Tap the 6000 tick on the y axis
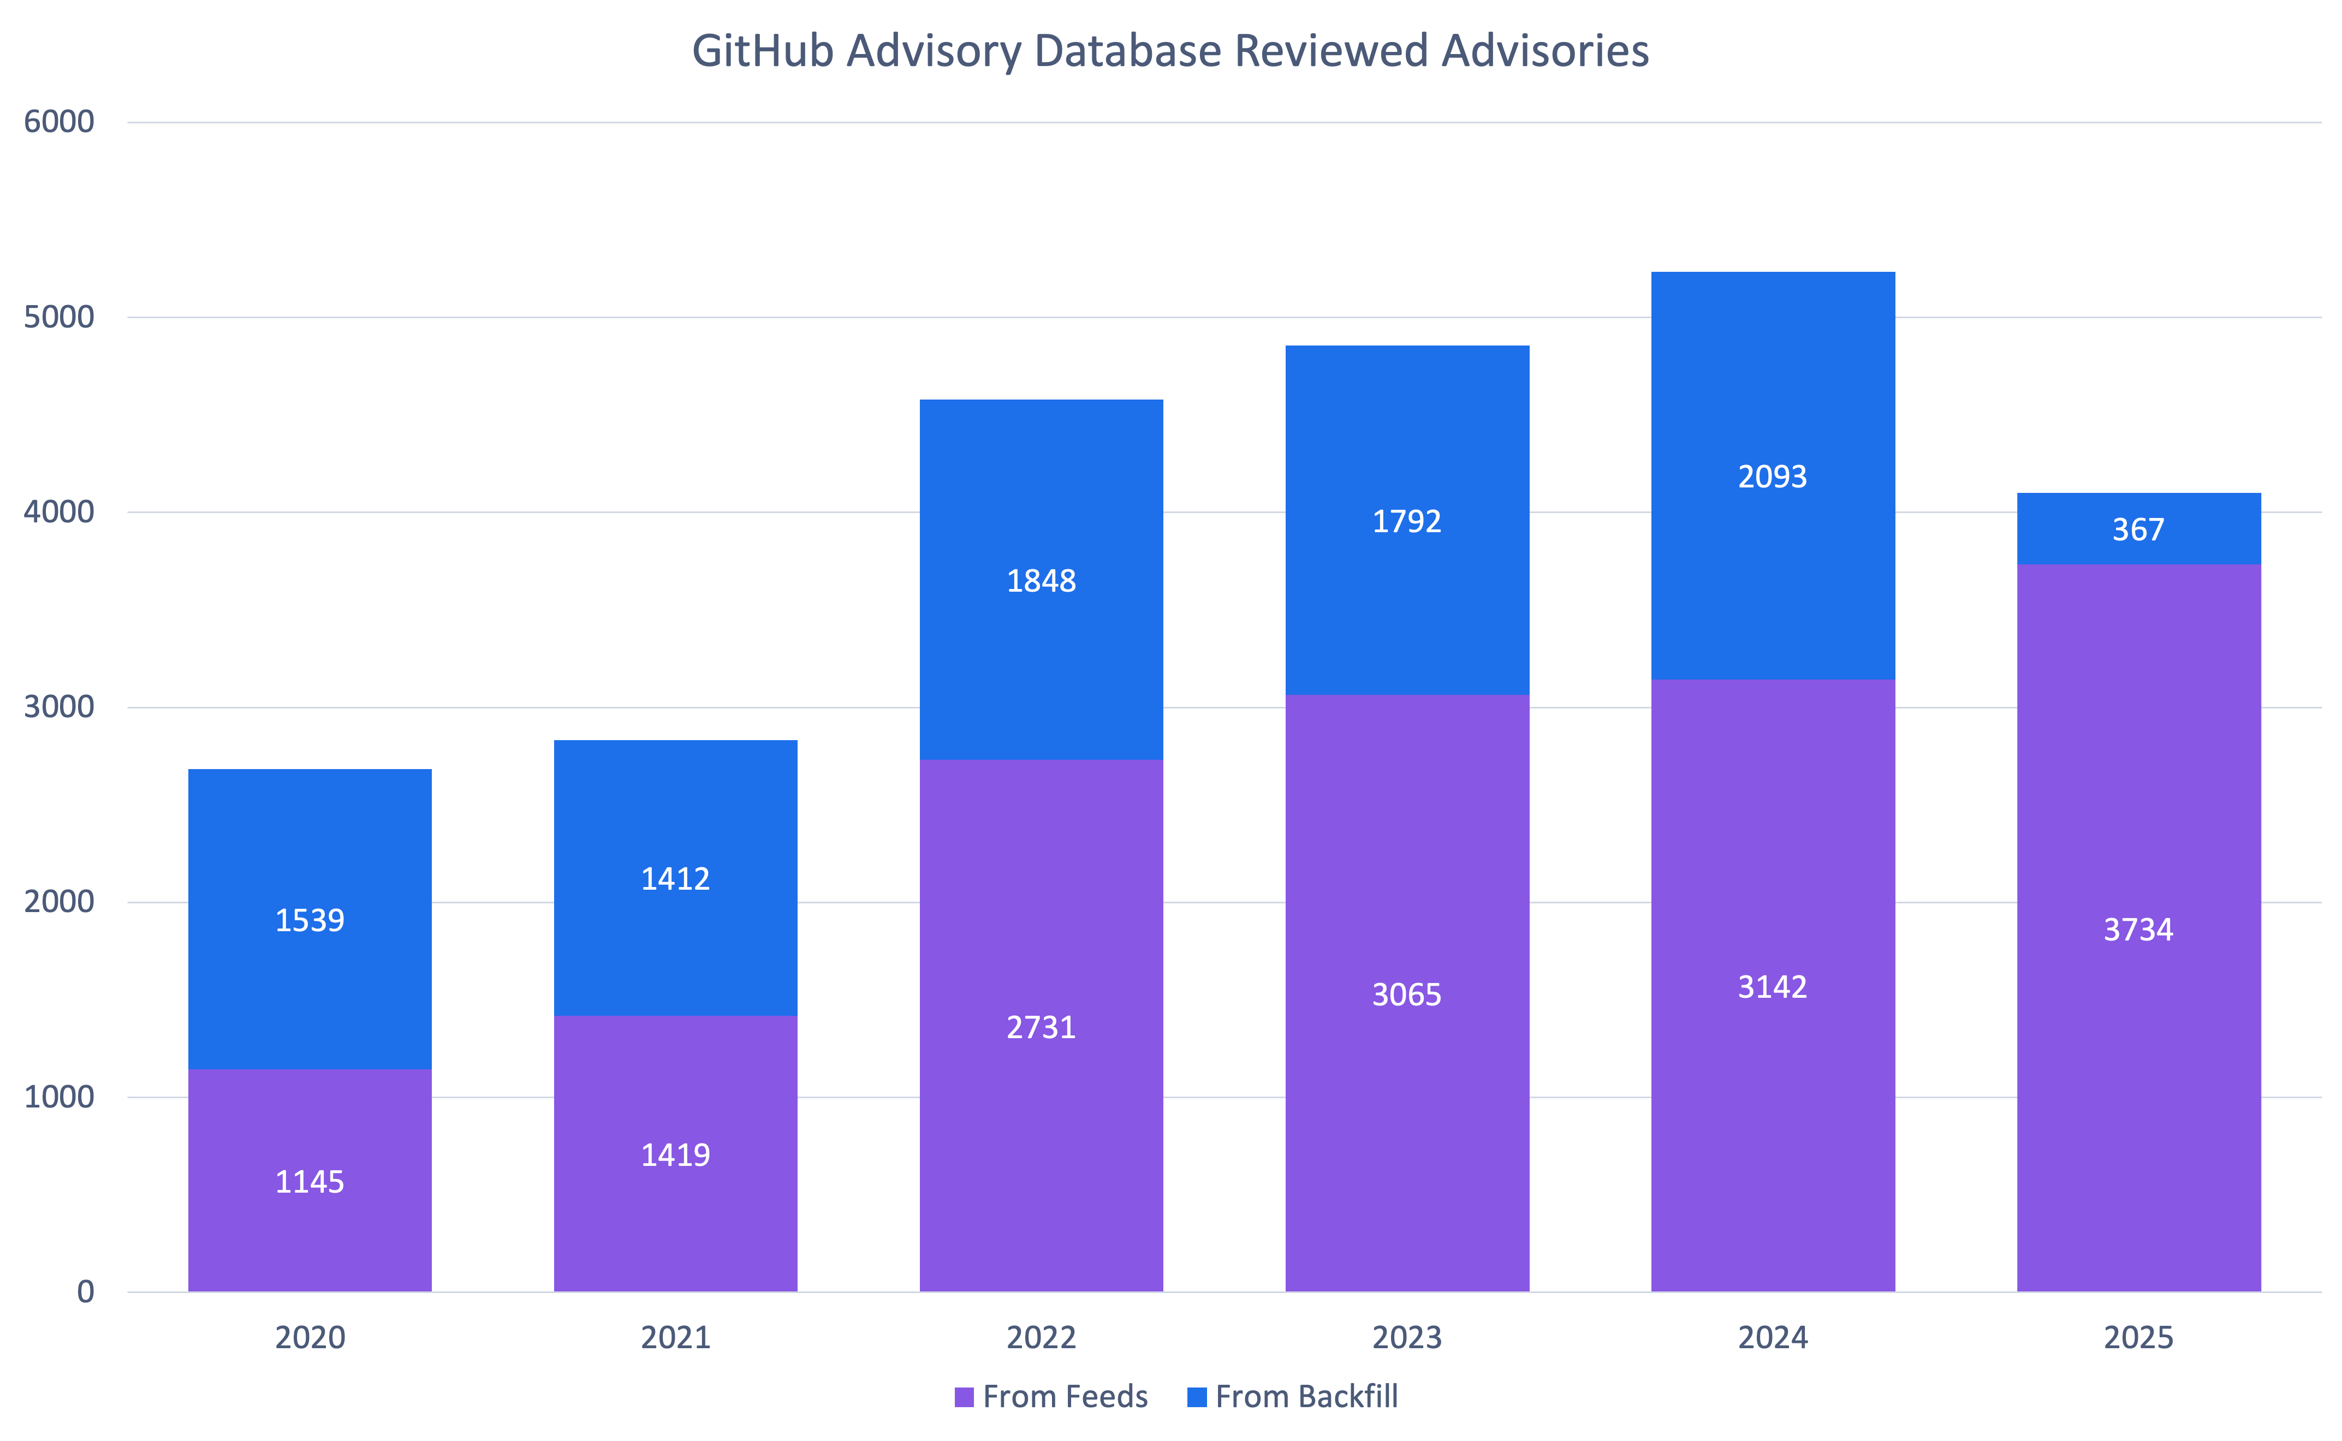[59, 122]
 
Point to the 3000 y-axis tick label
[59, 707]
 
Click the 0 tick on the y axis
[86, 1293]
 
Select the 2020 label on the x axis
[310, 1338]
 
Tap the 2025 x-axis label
[2138, 1338]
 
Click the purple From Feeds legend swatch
[964, 1397]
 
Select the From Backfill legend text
[1307, 1397]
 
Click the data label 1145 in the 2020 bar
[310, 1182]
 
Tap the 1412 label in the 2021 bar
[675, 879]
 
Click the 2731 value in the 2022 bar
[1041, 1027]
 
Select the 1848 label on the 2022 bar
[1041, 580]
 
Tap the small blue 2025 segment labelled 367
[2138, 529]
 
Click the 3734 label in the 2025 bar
[2138, 929]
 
